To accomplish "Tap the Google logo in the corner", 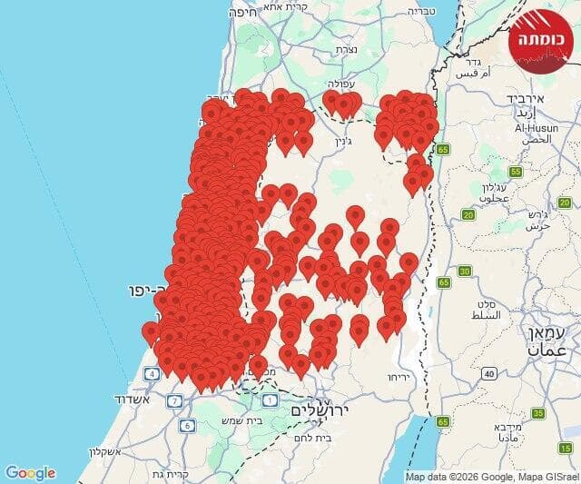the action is [x=30, y=473].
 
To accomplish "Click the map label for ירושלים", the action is [x=321, y=411].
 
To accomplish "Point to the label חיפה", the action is [x=244, y=12].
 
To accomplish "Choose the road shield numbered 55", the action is [x=516, y=172].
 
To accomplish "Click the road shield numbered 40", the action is [x=488, y=373].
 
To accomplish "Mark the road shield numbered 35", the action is [x=537, y=413].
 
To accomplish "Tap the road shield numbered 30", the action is [x=465, y=271].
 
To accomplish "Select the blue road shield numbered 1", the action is [x=269, y=400].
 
